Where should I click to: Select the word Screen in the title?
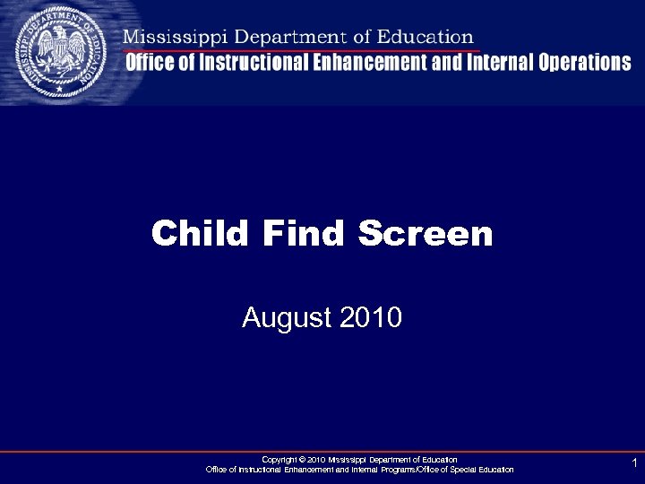pyautogui.click(x=426, y=234)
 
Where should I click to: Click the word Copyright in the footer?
pyautogui.click(x=277, y=459)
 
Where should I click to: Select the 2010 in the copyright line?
pyautogui.click(x=315, y=459)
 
